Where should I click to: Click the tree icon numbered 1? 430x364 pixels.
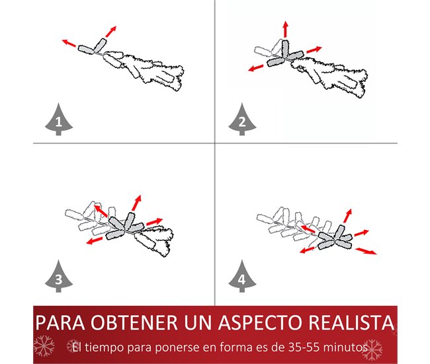pos(59,120)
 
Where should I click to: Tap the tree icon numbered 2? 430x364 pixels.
pos(242,120)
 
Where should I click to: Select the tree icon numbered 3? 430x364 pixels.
pos(59,277)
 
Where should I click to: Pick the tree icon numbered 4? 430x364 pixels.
pos(242,277)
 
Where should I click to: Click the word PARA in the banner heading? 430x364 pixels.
pos(60,322)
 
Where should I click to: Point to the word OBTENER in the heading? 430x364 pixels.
pos(134,322)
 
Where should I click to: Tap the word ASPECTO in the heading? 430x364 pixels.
pos(260,322)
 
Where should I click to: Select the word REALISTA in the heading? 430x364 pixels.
pos(351,322)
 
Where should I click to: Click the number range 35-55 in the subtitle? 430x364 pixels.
pos(304,347)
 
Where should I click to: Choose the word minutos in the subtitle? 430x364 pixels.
pos(345,347)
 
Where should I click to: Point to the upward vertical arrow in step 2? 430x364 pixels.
pos(286,29)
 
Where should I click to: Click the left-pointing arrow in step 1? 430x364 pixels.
pos(69,43)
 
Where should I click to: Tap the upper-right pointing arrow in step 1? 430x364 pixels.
pos(110,32)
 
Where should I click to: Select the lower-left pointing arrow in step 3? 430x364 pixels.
pos(94,240)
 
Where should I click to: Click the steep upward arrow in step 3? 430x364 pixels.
pos(136,203)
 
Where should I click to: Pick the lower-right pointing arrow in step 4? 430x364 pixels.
pos(366,251)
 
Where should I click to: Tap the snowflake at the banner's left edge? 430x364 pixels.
pos(44,346)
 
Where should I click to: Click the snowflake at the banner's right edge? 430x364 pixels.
pos(372,349)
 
